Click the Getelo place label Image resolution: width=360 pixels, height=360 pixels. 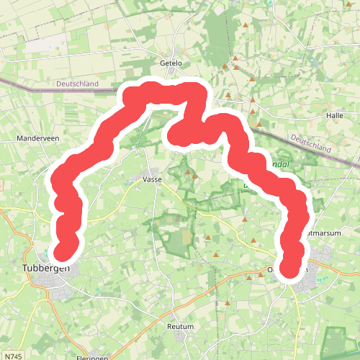pyautogui.click(x=171, y=63)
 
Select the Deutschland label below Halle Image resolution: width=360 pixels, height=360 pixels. pyautogui.click(x=311, y=143)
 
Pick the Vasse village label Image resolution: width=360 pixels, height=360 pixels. pyautogui.click(x=152, y=179)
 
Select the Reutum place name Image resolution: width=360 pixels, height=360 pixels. pyautogui.click(x=181, y=326)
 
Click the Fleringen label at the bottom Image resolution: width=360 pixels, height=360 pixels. pyautogui.click(x=91, y=357)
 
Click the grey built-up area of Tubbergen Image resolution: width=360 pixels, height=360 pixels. pyautogui.click(x=58, y=288)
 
